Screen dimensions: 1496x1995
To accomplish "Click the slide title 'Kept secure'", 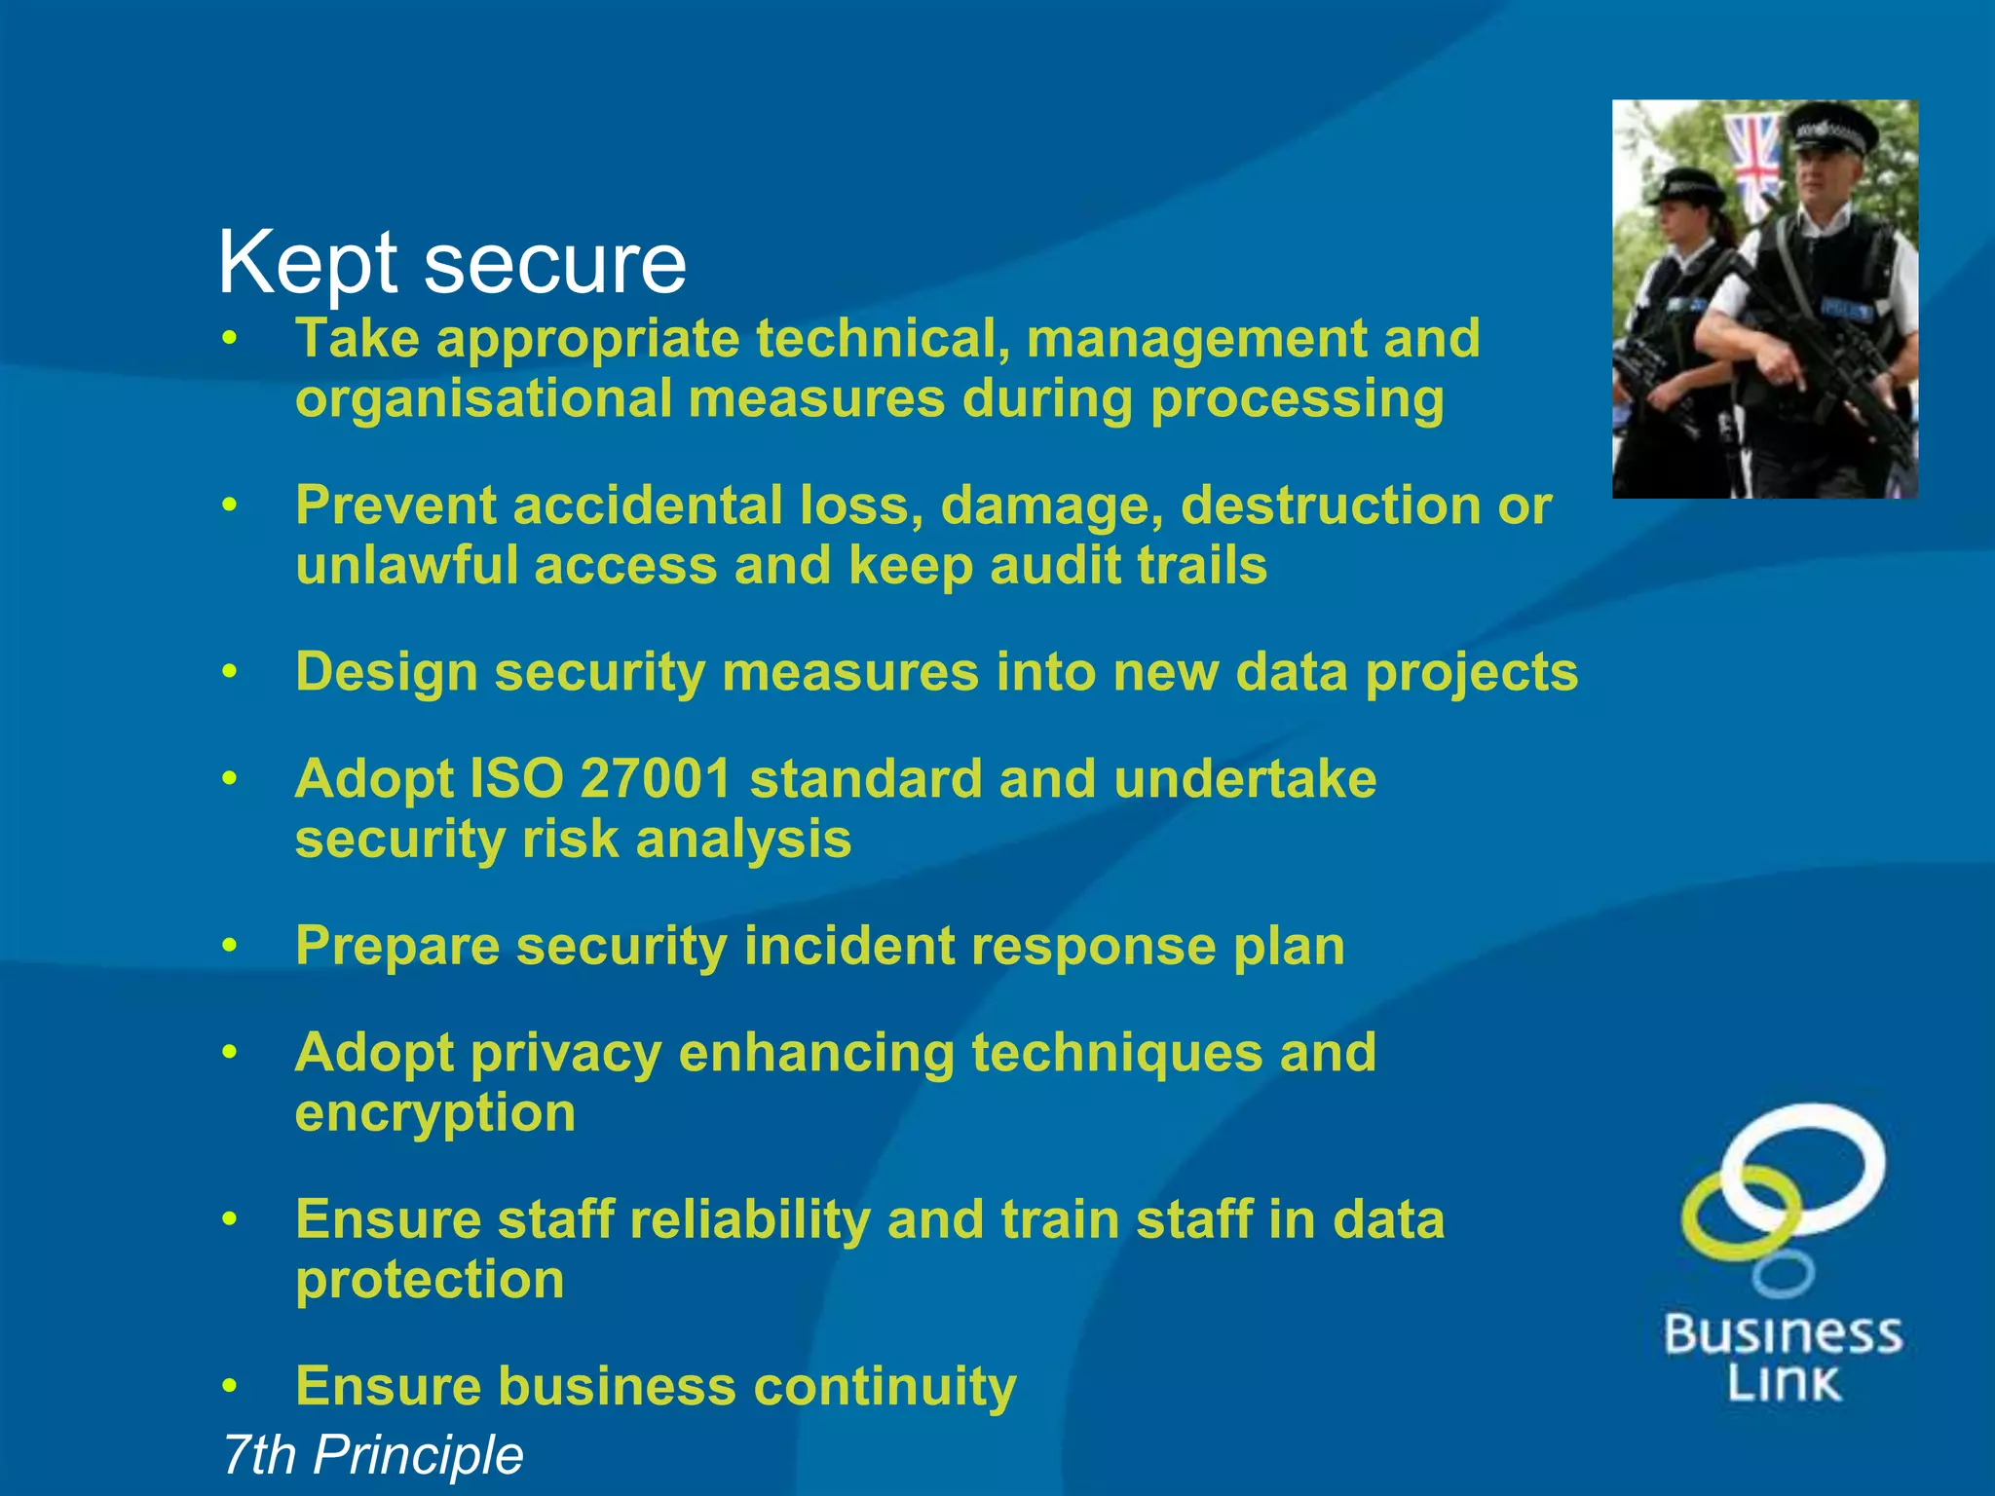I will pos(452,263).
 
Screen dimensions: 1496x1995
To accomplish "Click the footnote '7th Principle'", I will pos(372,1455).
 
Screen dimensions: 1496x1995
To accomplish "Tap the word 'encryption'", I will pos(435,1113).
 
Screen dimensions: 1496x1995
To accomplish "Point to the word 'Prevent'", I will pos(395,505).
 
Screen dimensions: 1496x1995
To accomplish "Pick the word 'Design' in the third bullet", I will pos(386,672).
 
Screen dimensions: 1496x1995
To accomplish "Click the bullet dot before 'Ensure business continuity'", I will pos(230,1386).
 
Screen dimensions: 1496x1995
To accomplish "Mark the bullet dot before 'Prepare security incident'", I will pos(230,946).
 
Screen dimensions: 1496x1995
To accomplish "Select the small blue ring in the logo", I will pos(1783,1274).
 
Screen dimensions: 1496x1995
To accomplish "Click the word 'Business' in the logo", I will pos(1783,1333).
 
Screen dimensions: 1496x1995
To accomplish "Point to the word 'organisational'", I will pos(484,399).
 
